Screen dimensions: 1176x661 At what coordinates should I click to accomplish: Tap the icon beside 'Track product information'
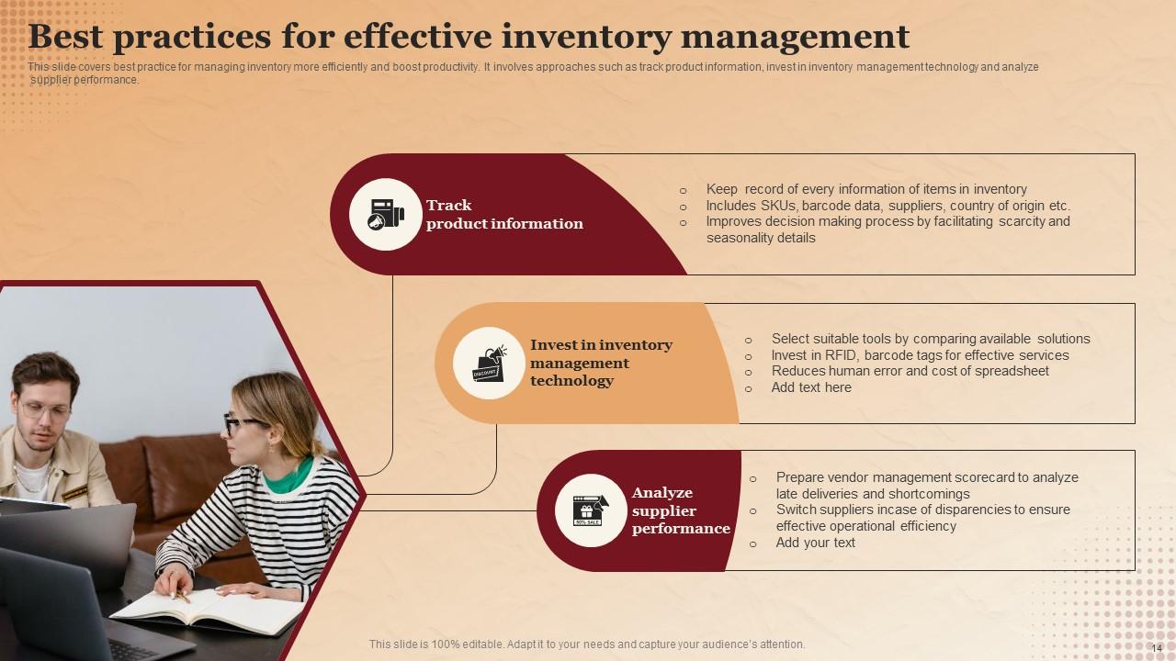(x=385, y=215)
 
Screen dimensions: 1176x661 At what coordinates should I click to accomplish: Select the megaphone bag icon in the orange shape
(x=489, y=364)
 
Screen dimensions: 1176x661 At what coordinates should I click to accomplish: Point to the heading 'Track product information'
(x=503, y=215)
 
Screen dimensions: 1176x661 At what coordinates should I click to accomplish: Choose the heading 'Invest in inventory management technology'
(x=601, y=363)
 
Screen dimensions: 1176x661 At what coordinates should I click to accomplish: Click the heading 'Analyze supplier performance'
(x=680, y=510)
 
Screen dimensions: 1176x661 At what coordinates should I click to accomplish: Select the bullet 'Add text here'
(x=810, y=387)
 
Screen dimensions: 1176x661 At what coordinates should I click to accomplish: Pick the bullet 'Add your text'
(x=815, y=543)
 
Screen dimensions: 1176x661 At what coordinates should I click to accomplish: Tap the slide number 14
(x=1157, y=648)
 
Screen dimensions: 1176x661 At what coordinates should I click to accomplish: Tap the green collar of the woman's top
(x=288, y=476)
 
